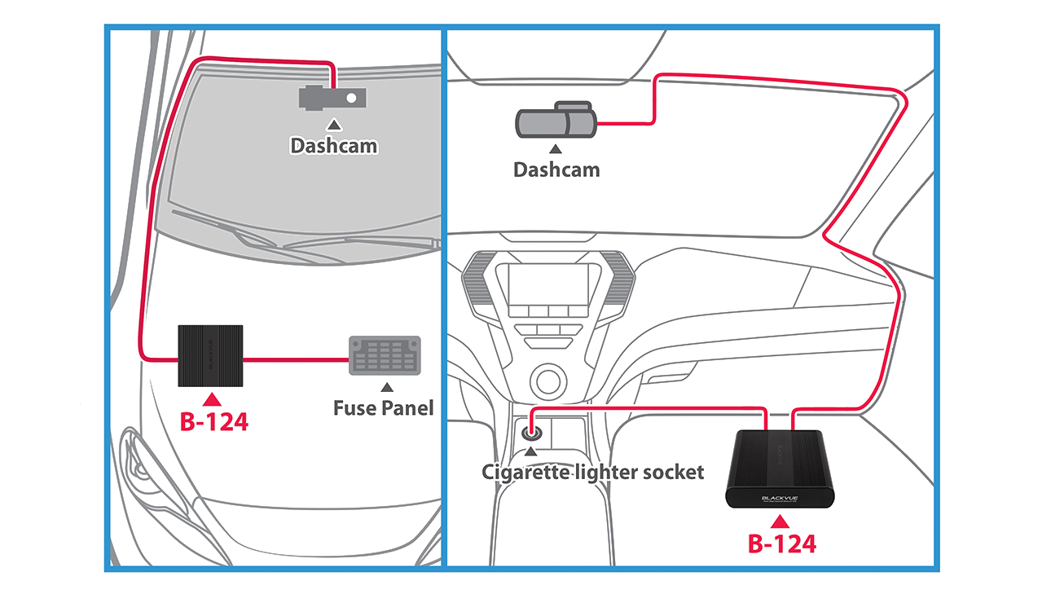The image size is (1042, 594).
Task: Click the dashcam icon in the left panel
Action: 332,98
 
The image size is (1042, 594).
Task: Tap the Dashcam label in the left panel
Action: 334,145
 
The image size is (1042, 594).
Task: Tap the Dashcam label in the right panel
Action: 556,169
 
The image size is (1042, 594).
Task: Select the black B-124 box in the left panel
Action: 210,355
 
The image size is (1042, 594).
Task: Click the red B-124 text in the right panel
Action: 781,543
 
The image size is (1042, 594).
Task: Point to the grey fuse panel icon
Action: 385,354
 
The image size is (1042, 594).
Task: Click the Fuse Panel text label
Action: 383,407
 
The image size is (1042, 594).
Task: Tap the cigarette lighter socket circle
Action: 532,424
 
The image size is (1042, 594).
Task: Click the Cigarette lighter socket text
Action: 592,471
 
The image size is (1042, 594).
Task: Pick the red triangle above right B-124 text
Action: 781,519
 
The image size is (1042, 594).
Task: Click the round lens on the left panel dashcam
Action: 351,98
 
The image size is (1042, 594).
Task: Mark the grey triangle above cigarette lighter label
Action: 532,450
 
